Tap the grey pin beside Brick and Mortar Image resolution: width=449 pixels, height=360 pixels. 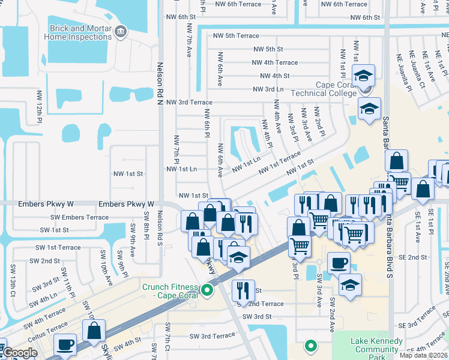120,31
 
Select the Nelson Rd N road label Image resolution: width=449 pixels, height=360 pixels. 160,81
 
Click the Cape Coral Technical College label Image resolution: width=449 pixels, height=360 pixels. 323,89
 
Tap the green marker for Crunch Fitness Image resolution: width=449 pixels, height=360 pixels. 208,292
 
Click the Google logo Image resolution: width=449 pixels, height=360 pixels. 19,353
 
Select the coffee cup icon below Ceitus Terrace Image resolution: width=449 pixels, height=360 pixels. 65,345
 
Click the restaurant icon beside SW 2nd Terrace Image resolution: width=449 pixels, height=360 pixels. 243,290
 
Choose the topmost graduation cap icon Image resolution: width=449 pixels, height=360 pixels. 363,76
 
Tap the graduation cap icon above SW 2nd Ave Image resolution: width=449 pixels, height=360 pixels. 350,285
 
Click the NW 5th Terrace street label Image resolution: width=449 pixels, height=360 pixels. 234,35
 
